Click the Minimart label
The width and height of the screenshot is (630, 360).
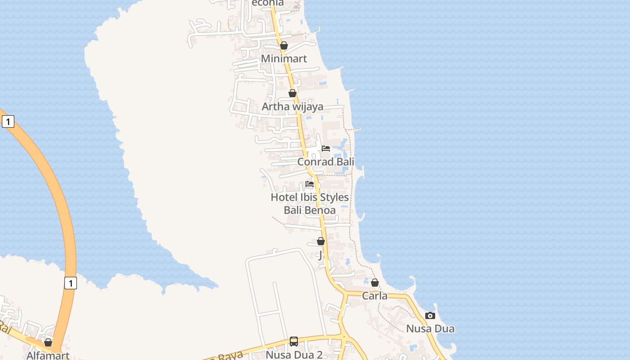(x=284, y=58)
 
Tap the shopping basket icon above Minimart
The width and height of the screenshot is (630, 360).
(x=284, y=45)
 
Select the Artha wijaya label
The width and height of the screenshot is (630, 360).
(x=292, y=107)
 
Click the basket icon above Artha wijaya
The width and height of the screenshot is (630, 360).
(x=292, y=93)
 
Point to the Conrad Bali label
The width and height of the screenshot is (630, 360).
(x=326, y=162)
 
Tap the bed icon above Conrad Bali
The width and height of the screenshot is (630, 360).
(x=326, y=148)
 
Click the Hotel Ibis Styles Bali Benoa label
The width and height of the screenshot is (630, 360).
(x=310, y=203)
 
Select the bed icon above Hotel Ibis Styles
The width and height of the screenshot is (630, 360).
(x=310, y=184)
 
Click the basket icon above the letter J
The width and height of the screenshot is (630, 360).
(x=321, y=241)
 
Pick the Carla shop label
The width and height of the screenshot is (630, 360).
(x=375, y=296)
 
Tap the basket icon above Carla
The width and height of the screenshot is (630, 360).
(x=375, y=283)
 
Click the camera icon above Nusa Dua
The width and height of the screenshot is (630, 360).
(x=430, y=315)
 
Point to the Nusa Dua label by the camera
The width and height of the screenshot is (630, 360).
(x=430, y=328)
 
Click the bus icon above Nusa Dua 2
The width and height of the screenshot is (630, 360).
(x=294, y=342)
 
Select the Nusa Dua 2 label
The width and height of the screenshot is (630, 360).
(x=294, y=355)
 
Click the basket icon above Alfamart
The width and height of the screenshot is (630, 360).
(x=48, y=343)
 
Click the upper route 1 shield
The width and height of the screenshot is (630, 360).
(x=8, y=121)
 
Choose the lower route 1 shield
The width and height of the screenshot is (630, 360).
(x=70, y=283)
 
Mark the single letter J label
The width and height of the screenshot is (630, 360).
(x=320, y=256)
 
